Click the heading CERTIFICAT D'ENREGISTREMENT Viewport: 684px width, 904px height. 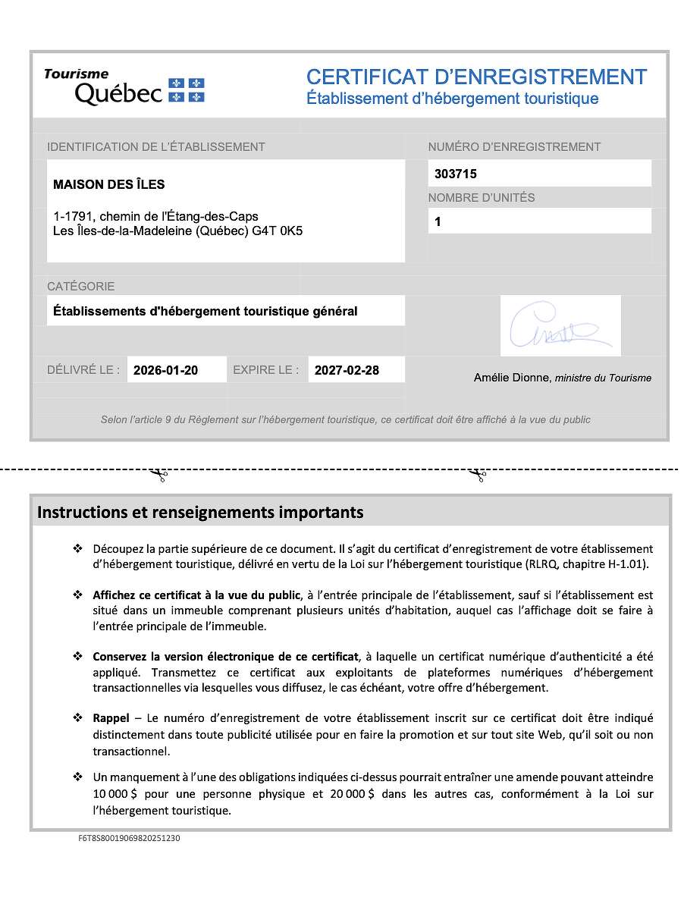click(476, 77)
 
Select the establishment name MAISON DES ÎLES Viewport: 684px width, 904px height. click(108, 184)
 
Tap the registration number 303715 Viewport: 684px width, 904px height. click(455, 174)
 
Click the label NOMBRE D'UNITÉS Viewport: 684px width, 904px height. click(481, 198)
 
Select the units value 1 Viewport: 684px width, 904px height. click(438, 221)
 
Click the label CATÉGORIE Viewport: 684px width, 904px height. click(80, 287)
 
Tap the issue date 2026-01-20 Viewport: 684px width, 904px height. click(165, 370)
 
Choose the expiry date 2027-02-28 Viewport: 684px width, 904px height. click(347, 370)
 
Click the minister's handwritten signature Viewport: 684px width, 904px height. click(560, 326)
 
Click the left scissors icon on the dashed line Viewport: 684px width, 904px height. click(158, 476)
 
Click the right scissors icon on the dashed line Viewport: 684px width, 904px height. click(477, 476)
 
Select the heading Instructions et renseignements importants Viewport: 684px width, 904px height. click(200, 512)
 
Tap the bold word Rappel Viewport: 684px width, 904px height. click(111, 717)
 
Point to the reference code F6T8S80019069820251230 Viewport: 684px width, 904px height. click(129, 838)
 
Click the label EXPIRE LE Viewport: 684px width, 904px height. click(265, 370)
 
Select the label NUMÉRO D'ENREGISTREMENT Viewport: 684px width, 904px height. click(514, 147)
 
